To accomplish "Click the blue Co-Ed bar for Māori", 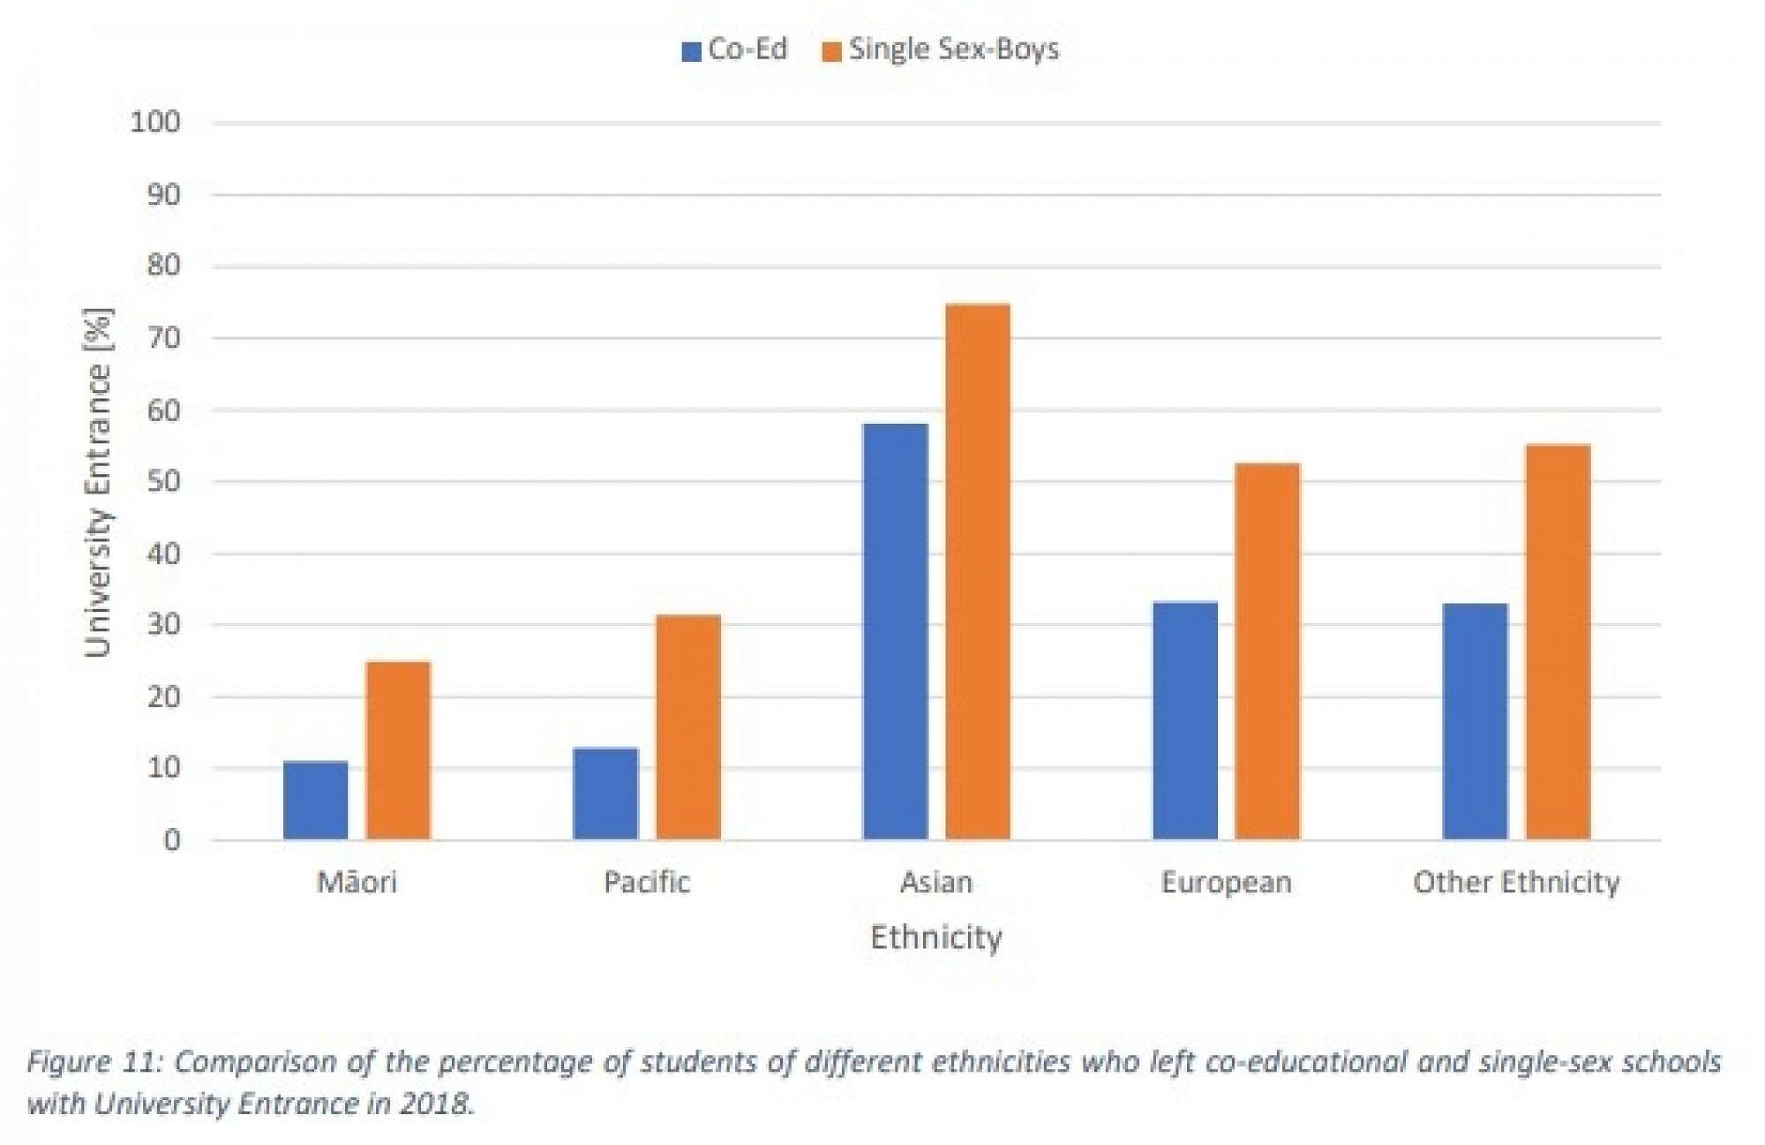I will pos(315,800).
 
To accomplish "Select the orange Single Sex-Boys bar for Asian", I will pos(978,571).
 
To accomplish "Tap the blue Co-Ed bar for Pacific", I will pos(605,794).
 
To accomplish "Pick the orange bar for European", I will pos(1267,652).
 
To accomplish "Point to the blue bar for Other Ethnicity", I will pos(1475,721).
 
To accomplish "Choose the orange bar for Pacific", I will pos(688,727).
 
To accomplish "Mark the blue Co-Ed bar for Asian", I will pos(896,631).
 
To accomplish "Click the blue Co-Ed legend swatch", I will pos(691,51).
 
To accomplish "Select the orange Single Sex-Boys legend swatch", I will pos(831,51).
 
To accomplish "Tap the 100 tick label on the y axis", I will pos(155,122).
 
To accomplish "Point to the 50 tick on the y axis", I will pos(163,482).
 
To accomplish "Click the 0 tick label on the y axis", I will pos(172,840).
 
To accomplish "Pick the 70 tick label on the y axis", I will pos(163,338).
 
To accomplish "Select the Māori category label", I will pos(357,882).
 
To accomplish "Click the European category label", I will pos(1226,882).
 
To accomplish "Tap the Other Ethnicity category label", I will pos(1516,882).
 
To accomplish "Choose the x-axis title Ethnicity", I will pos(936,937).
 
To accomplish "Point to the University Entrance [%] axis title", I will pos(98,483).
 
